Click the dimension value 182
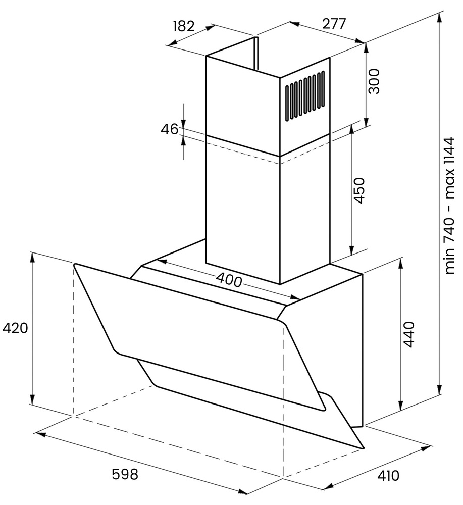[183, 26]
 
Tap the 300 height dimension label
[374, 81]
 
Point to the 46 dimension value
[170, 129]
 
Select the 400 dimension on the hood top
[229, 279]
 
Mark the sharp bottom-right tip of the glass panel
[363, 447]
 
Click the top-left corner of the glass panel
[75, 265]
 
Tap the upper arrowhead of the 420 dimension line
[33, 256]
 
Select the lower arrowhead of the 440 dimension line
[401, 407]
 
